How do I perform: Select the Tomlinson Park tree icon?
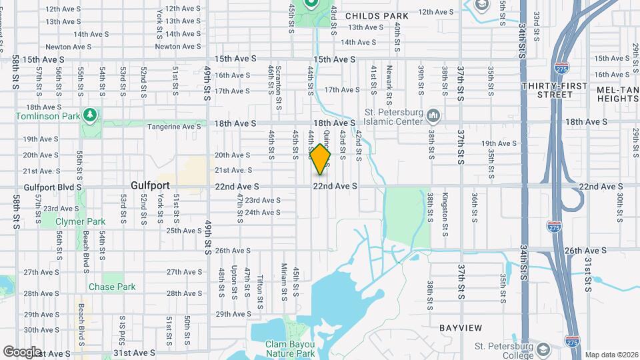pos(89,115)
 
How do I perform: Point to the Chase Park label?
pos(112,287)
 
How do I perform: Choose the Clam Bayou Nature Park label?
pos(289,349)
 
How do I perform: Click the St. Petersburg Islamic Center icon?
pos(433,117)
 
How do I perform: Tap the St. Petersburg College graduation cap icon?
pos(544,349)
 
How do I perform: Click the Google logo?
pos(22,351)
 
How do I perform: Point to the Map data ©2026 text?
pos(611,355)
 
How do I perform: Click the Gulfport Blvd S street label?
pos(52,187)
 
